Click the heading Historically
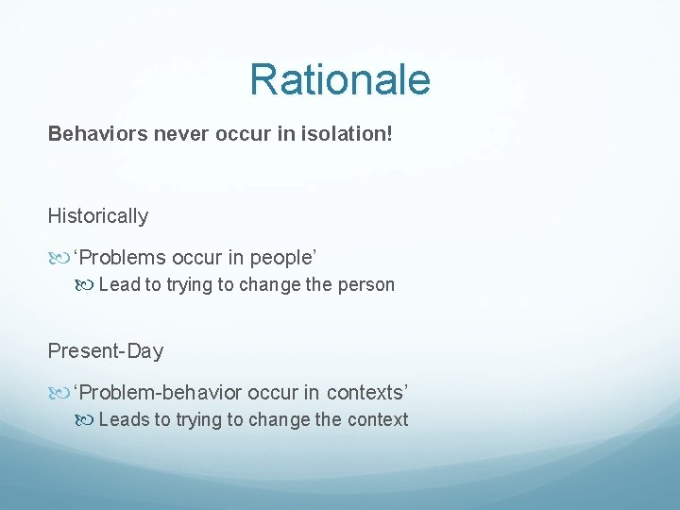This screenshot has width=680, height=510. (x=98, y=215)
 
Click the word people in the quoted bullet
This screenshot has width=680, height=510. (x=281, y=257)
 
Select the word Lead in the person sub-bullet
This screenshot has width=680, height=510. (x=119, y=284)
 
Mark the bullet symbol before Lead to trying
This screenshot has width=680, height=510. (x=86, y=285)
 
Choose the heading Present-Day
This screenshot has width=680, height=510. (x=106, y=350)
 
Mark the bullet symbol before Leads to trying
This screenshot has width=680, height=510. (x=86, y=420)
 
